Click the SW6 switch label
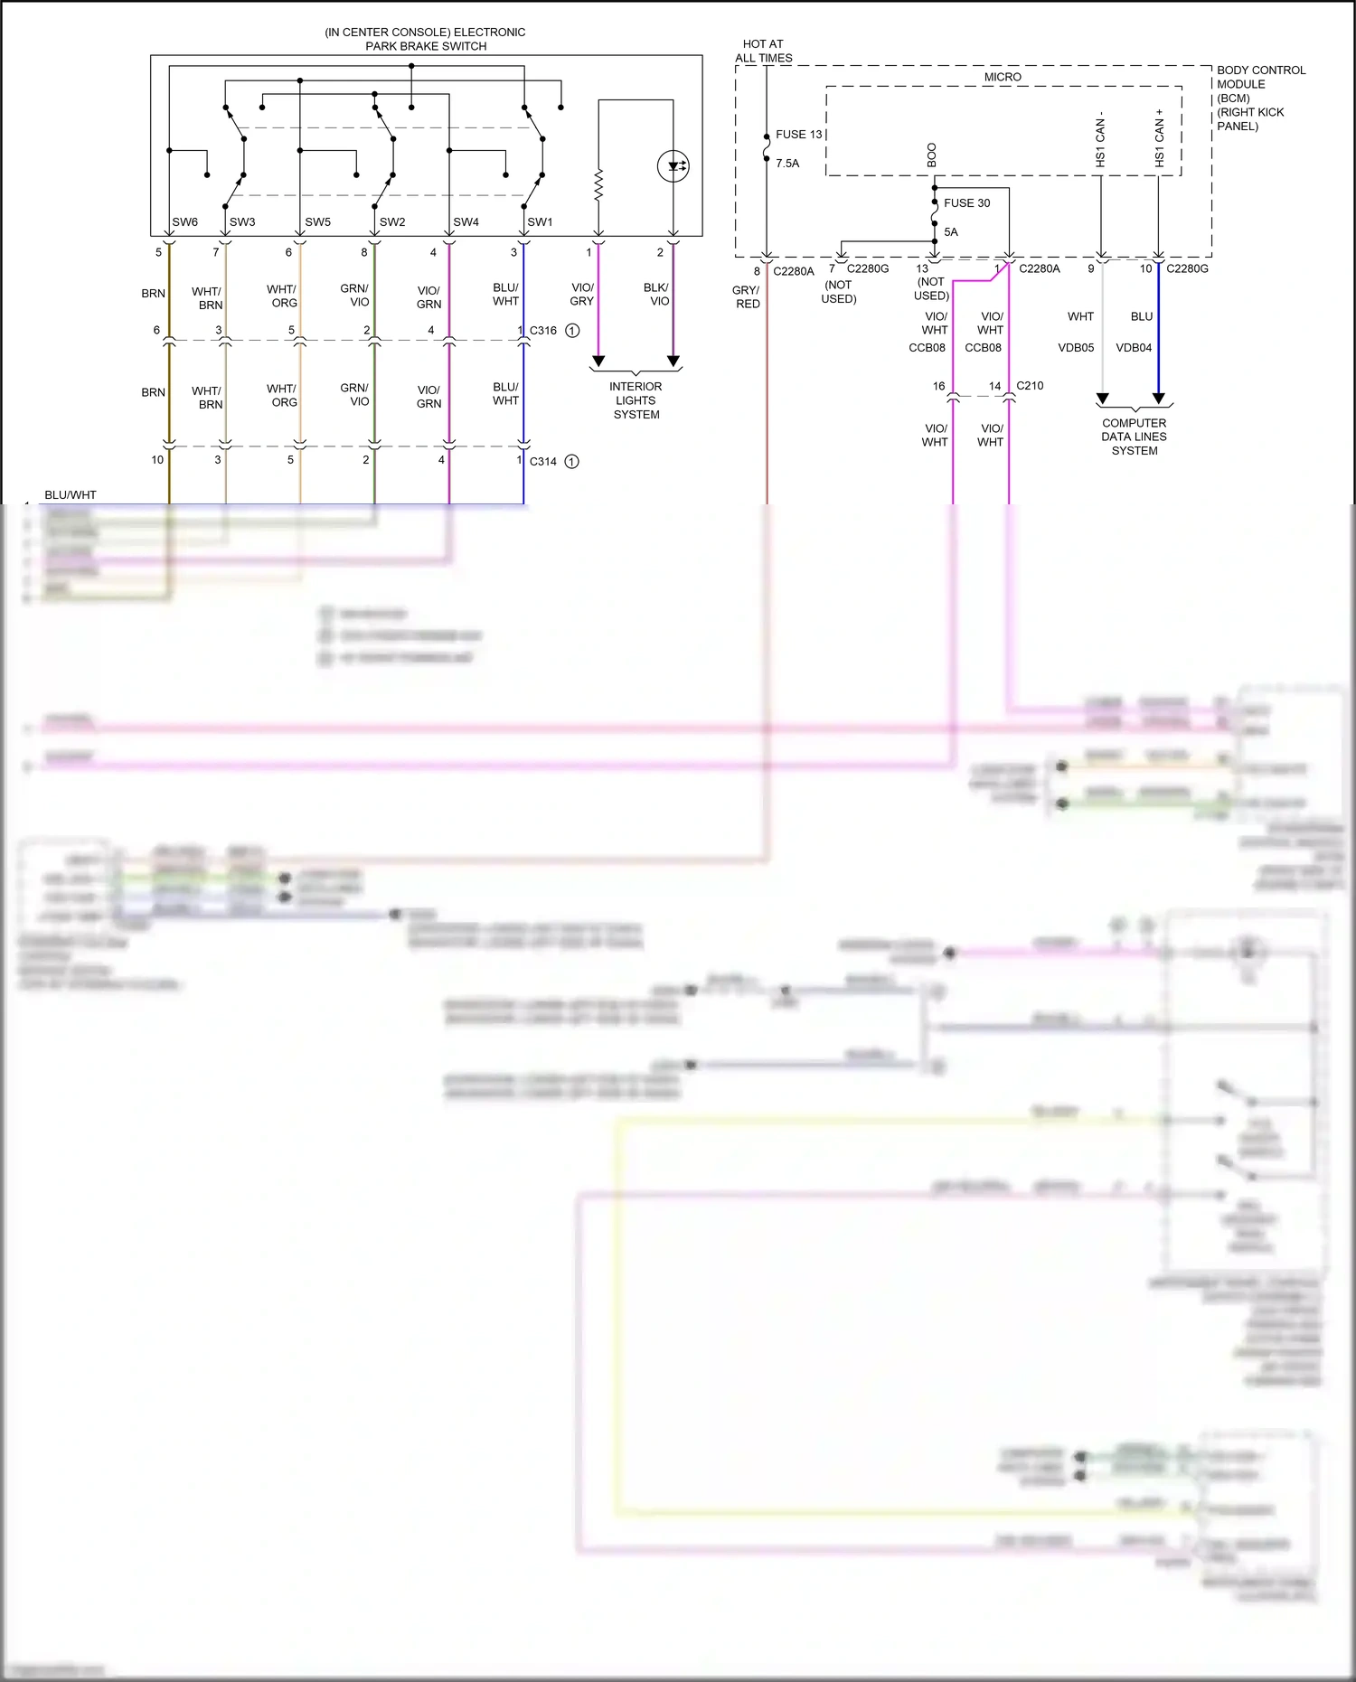pos(184,222)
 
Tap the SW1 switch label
pos(540,222)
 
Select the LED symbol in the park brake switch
pos(673,166)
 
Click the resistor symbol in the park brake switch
pos(598,184)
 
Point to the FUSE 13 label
pos(799,135)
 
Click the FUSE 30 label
pos(966,203)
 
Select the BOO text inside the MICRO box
pos(932,155)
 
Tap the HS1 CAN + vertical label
pos(1160,138)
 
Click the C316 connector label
pos(543,331)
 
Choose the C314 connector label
pos(543,462)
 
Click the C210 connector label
pos(1030,386)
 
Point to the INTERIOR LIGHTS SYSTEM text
pos(636,400)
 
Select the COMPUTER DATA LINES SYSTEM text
pos(1134,437)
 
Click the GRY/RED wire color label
pos(747,297)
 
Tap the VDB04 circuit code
pos(1134,348)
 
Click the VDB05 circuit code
pos(1076,348)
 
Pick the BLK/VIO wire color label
pos(657,295)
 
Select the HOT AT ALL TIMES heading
pos(763,51)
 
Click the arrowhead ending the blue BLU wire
pos(1159,399)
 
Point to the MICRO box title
pos(1003,78)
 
